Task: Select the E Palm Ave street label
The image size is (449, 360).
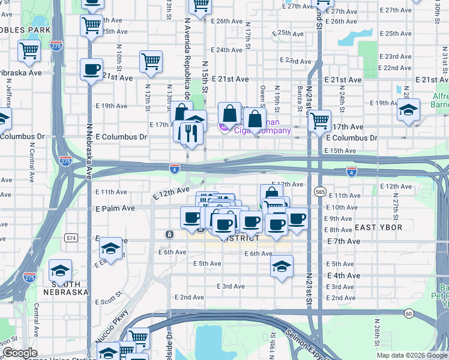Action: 115,208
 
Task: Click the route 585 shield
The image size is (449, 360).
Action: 319,191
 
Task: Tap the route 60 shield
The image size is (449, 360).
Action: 408,313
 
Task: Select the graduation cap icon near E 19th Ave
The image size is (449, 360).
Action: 408,110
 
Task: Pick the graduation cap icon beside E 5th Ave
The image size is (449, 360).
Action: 280,265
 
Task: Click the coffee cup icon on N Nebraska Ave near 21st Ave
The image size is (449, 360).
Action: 91,69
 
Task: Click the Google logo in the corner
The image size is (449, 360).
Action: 19,353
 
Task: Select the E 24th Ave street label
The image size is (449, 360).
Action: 228,50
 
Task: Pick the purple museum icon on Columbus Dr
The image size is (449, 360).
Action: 223,127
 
